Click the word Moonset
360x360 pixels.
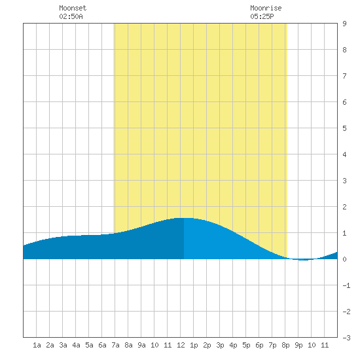click(73, 8)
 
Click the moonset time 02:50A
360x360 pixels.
click(71, 16)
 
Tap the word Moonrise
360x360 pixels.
click(266, 8)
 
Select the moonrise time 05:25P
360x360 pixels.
click(262, 16)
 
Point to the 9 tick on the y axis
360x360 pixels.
click(344, 24)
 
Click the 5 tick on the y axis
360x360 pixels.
click(344, 128)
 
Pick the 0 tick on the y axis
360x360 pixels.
click(344, 259)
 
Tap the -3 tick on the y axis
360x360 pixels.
click(346, 338)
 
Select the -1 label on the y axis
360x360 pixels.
click(346, 285)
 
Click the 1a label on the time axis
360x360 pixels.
click(37, 345)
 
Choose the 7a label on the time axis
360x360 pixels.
click(115, 345)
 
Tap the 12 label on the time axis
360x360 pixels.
click(181, 345)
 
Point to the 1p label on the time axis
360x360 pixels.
click(194, 345)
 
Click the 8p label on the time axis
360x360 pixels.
click(285, 345)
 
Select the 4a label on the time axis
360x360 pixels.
click(76, 345)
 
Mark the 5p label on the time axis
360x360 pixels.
click(246, 345)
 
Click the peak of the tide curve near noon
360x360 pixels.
click(184, 218)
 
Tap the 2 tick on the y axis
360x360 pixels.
click(344, 207)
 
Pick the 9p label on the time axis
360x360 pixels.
click(298, 345)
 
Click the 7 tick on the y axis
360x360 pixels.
click(344, 76)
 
